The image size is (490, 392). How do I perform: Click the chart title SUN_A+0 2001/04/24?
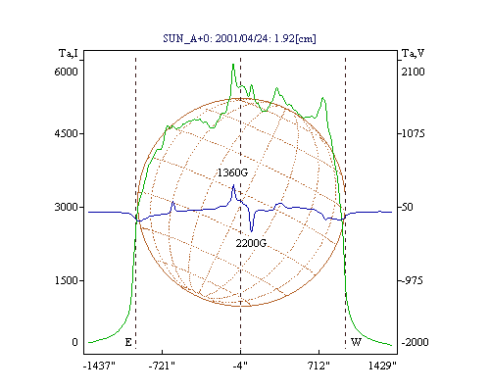[x=239, y=38]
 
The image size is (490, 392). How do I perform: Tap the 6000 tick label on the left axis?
[x=66, y=72]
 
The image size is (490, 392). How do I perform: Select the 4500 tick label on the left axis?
[x=66, y=133]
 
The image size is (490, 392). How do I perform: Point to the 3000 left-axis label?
[x=66, y=207]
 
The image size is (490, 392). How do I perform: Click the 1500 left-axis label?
[x=66, y=280]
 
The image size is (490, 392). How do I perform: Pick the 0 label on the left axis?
[x=74, y=342]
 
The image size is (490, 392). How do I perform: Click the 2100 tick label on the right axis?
[x=414, y=72]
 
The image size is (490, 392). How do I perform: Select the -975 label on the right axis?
[x=412, y=280]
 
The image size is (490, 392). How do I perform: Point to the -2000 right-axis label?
[x=415, y=342]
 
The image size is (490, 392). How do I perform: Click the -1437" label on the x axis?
[x=99, y=366]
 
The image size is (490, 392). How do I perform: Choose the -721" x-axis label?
[x=162, y=366]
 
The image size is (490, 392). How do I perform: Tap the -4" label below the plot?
[x=240, y=366]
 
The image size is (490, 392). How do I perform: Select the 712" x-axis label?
[x=318, y=366]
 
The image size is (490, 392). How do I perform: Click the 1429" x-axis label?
[x=382, y=366]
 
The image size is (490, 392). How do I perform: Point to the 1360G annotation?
[x=233, y=172]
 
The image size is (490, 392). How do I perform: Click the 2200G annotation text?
[x=251, y=243]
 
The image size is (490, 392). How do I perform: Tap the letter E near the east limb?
[x=128, y=342]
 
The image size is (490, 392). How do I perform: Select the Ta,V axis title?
[x=414, y=53]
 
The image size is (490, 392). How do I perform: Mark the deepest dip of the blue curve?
[x=251, y=231]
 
